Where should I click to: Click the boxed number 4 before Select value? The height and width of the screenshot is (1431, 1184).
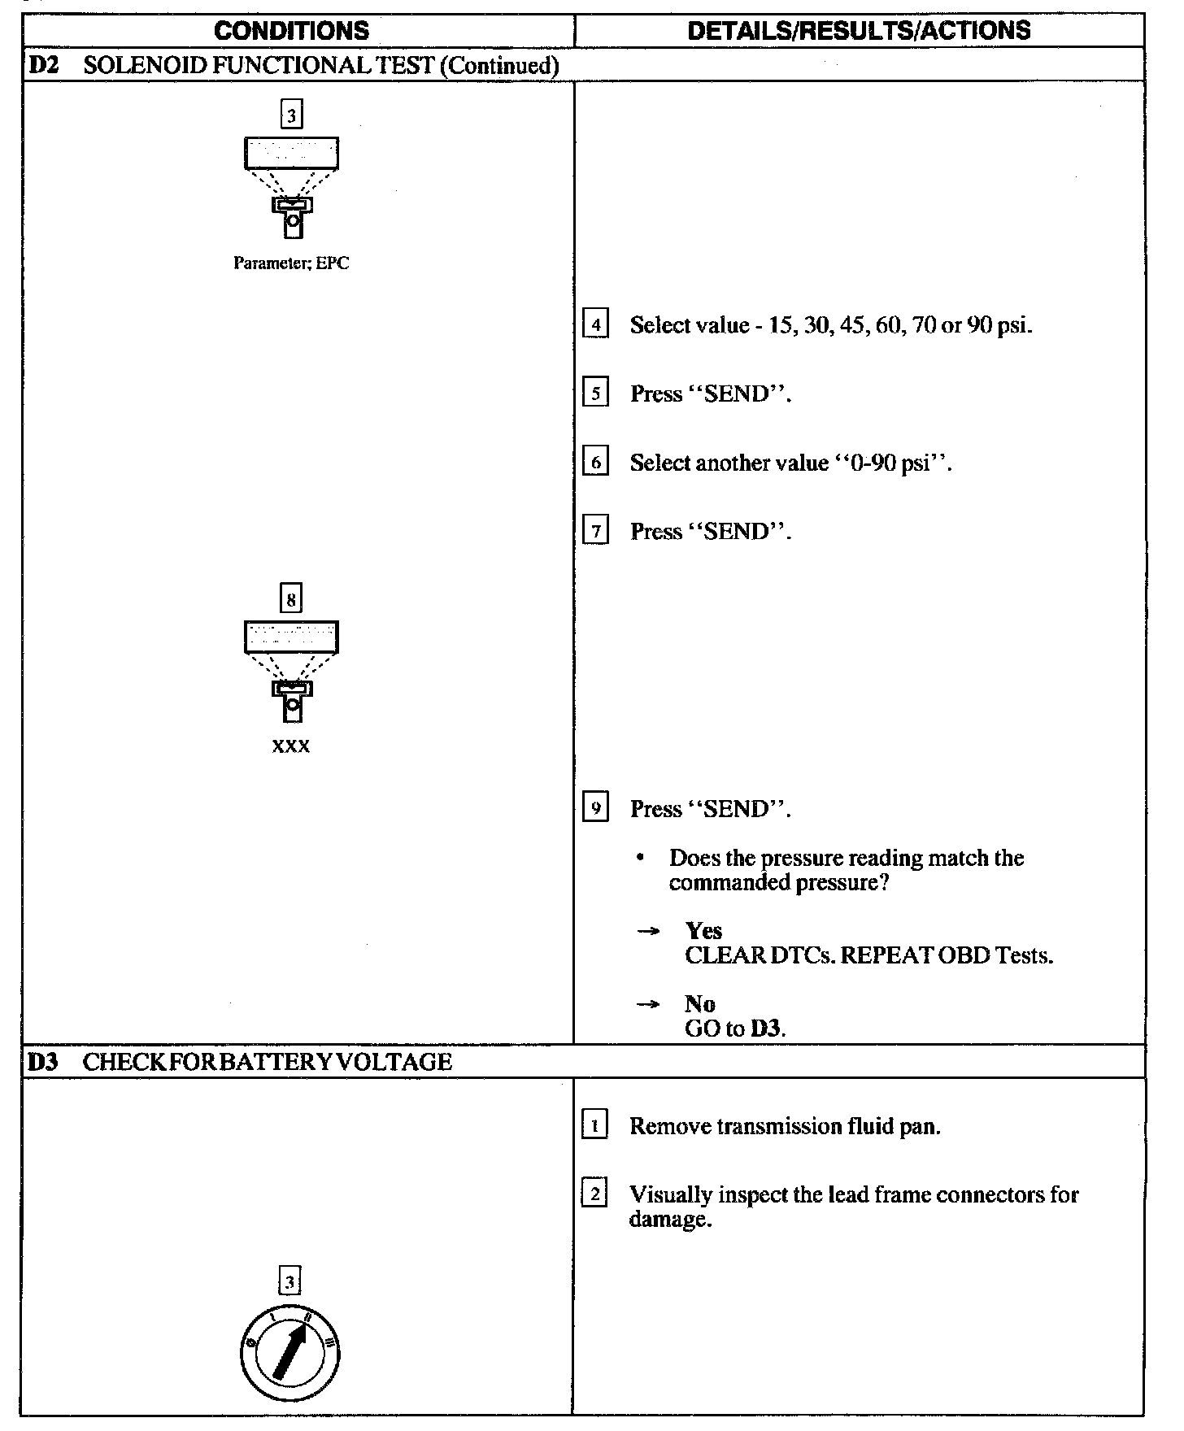click(x=596, y=325)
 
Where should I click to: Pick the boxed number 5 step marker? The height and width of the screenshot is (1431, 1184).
click(x=596, y=394)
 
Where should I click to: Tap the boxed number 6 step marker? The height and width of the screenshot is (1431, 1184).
click(x=596, y=463)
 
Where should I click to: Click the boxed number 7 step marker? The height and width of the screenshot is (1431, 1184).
click(x=596, y=533)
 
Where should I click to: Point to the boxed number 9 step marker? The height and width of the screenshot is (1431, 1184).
click(x=596, y=809)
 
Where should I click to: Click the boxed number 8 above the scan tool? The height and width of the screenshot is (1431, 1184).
click(x=291, y=599)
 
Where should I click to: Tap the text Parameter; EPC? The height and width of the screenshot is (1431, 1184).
click(x=291, y=263)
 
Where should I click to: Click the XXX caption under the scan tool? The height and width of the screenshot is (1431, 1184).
click(x=291, y=746)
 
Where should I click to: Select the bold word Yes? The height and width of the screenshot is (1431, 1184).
click(x=703, y=931)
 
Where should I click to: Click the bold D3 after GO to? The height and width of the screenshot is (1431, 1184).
click(x=766, y=1029)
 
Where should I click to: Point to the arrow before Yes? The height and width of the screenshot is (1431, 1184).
click(x=647, y=932)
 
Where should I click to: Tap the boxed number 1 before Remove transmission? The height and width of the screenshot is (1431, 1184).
click(x=595, y=1127)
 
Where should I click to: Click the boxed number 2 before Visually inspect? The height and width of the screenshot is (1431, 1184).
click(x=595, y=1195)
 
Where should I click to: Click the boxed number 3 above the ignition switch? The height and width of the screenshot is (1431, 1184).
click(x=290, y=1282)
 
